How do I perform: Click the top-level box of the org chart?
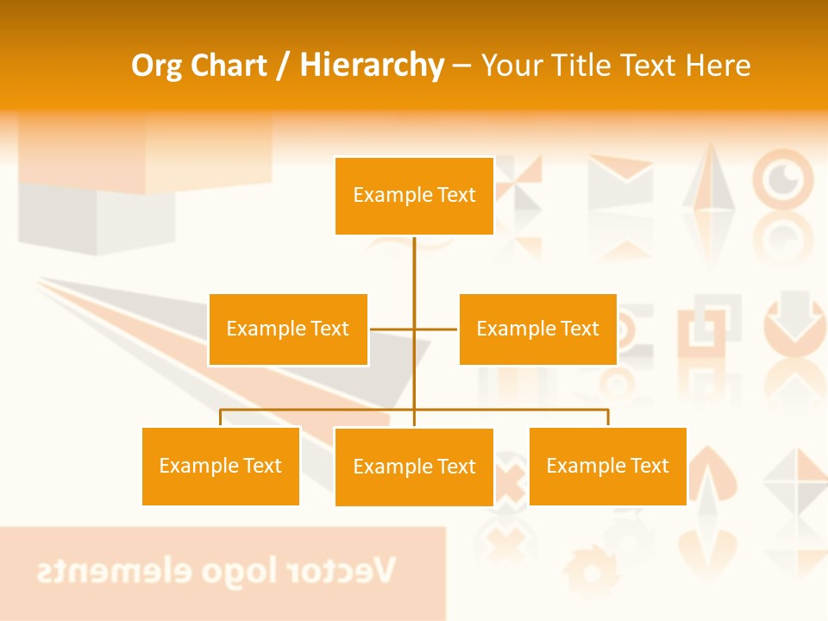coord(414,196)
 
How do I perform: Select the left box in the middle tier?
coord(288,329)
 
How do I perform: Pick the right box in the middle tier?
coord(537,329)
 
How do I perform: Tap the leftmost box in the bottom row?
coord(221,466)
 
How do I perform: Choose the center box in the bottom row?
coord(414,467)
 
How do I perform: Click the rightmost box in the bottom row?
coord(607,466)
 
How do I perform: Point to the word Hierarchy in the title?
coord(371,66)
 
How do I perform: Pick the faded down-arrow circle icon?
coord(794,319)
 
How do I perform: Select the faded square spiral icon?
coord(709,329)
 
